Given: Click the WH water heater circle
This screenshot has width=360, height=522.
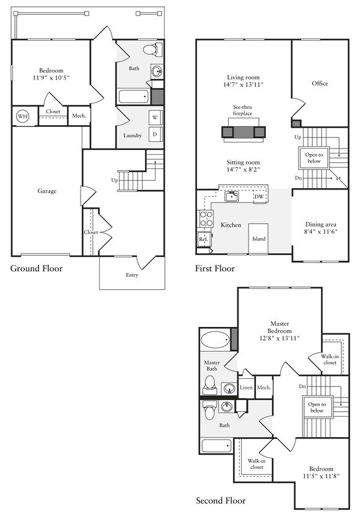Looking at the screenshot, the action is point(23,116).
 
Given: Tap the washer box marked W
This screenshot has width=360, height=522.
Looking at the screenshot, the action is point(155,117).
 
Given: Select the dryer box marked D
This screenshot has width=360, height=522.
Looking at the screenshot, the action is point(155,134).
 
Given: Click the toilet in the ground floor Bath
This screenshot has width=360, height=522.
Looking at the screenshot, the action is point(152,50).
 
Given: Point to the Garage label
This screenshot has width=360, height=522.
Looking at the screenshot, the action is point(47,191).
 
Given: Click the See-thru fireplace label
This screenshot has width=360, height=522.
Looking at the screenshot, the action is point(242,110).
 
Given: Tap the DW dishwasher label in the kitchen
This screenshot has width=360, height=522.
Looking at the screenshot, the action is point(259,197).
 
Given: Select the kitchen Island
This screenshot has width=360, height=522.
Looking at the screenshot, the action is point(258,238).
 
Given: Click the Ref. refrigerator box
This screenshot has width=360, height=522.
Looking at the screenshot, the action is point(203,239).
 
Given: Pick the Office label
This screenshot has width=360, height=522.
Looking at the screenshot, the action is point(320,83).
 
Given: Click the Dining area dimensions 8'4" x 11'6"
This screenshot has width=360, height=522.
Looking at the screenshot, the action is point(321,232).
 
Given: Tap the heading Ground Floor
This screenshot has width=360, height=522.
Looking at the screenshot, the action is point(37,268).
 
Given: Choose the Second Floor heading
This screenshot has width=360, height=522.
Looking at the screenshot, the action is point(221,500).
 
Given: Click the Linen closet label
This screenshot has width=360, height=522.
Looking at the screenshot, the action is point(246,388).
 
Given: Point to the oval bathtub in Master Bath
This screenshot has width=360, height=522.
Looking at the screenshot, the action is point(216,340).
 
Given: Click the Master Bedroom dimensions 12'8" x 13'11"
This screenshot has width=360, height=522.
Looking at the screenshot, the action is point(279,338).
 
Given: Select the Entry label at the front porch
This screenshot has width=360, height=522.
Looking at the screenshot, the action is point(132,275).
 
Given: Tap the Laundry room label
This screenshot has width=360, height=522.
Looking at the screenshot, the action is point(133,136).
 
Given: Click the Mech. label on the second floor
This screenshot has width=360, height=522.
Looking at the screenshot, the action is point(264,388).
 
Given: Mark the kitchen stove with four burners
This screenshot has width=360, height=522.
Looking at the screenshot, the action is point(206,219).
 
